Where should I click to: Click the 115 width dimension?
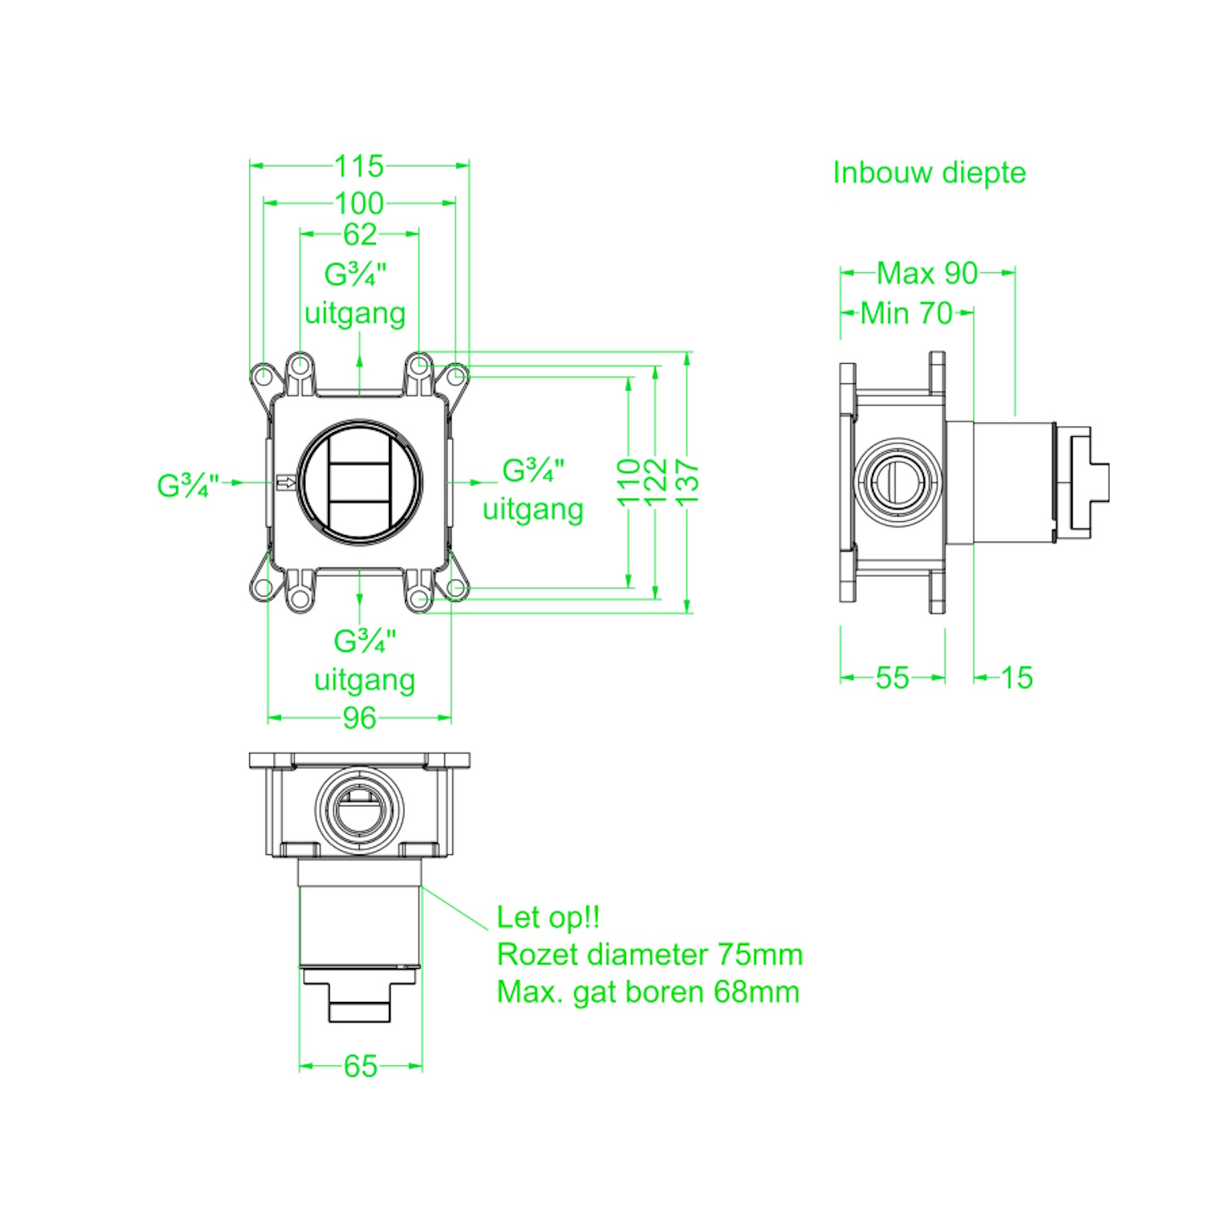359,166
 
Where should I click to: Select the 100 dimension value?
359,202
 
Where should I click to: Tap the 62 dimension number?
360,234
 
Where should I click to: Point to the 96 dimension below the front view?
359,718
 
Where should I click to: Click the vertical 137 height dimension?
687,481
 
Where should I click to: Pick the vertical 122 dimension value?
655,481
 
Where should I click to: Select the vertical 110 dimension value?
628,482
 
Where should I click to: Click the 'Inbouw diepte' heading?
929,172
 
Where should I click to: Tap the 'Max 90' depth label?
927,273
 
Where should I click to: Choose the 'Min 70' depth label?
906,313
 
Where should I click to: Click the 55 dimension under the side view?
892,677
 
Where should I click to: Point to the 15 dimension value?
1017,677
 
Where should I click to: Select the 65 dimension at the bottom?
361,1065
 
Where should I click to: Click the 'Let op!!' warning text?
548,917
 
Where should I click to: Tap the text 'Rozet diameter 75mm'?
650,954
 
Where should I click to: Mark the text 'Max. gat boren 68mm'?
648,991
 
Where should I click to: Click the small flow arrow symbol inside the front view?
286,483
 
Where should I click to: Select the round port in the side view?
897,482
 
